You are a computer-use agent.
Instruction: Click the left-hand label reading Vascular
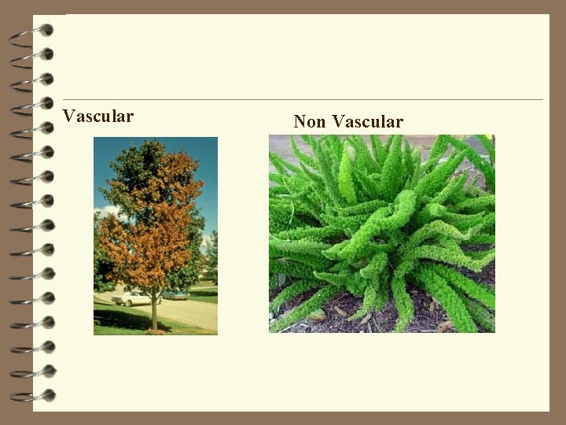point(98,116)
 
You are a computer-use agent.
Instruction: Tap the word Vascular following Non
point(367,121)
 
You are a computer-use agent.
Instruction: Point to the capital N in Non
point(300,121)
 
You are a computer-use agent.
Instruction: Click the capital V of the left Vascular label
point(68,116)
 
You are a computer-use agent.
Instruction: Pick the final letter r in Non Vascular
point(399,122)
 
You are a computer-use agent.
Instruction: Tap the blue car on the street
point(175,295)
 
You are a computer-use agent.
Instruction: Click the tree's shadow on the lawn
point(118,318)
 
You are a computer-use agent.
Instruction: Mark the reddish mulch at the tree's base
point(156,331)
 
